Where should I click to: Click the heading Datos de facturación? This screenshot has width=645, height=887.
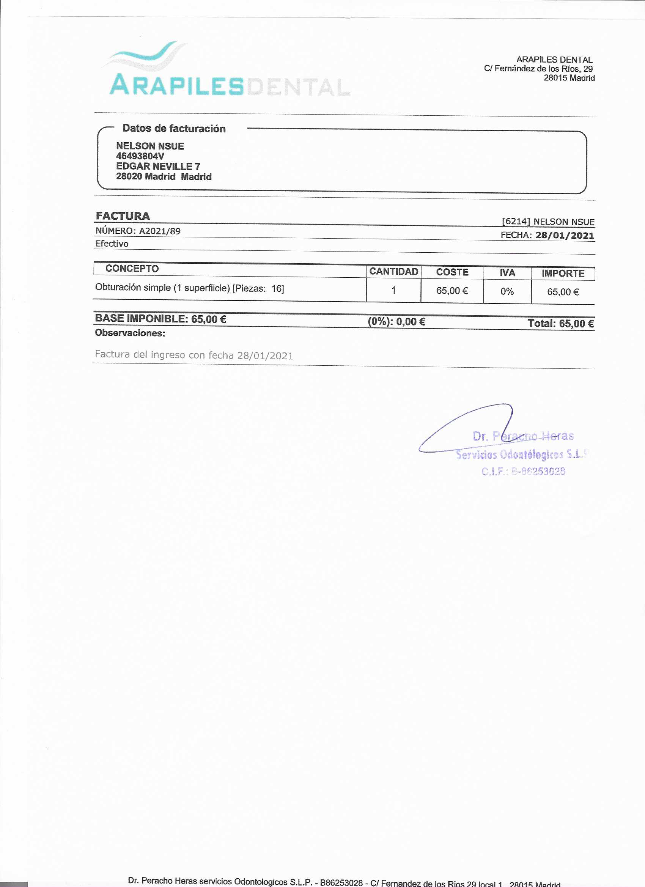coord(174,128)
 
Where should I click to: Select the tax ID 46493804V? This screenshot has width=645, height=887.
coord(140,156)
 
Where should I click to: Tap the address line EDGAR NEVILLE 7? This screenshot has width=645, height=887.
coord(157,166)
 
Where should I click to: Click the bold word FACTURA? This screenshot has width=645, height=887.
coord(123,216)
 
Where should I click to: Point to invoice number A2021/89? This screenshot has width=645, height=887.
coord(160,231)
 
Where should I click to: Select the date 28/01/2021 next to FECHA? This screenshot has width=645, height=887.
coord(565,236)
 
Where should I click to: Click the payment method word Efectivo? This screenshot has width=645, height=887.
coord(112,244)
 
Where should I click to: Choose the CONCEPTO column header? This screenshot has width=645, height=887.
coord(132,269)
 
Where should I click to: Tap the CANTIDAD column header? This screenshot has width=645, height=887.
coord(393,271)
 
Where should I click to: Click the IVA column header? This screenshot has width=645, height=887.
coord(507,273)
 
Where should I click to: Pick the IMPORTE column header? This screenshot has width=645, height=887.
coord(563,274)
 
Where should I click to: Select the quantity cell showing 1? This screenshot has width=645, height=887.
coord(393,291)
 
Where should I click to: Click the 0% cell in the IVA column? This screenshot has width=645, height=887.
coord(507,291)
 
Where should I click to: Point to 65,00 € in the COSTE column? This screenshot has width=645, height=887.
coord(452,291)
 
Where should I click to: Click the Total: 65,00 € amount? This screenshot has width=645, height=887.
coord(560,324)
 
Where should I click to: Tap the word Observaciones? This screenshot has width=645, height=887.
coord(130,333)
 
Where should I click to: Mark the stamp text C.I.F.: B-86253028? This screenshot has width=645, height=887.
coord(523,471)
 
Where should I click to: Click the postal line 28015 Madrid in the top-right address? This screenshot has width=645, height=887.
coord(569,78)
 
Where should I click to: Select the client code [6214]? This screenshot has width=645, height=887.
coord(516,221)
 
